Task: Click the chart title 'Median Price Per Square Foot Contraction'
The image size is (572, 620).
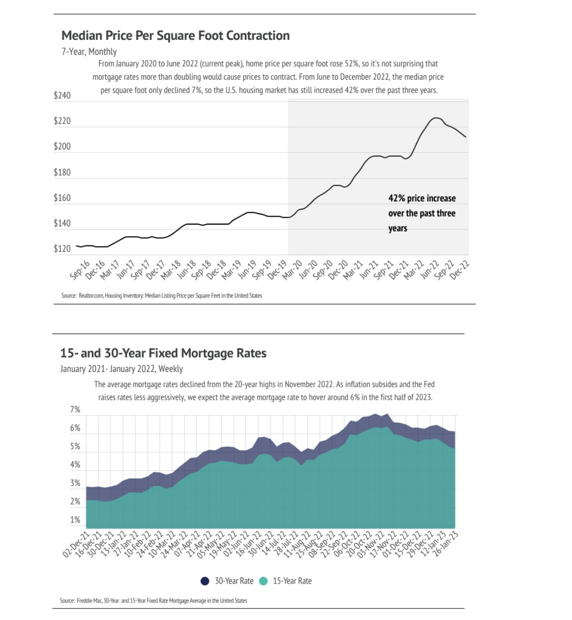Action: point(175,36)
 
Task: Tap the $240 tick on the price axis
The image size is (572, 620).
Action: point(62,95)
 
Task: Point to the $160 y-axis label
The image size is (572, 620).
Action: point(62,198)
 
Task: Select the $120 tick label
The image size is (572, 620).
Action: point(62,249)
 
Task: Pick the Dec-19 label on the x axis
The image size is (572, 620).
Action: point(277,269)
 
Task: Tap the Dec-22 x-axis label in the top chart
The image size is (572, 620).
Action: point(460,269)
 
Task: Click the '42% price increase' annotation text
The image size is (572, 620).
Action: point(422,198)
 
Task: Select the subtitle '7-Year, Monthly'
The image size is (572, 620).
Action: point(89,51)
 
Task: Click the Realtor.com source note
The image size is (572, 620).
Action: point(161,296)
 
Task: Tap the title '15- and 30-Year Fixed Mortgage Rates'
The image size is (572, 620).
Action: point(163,354)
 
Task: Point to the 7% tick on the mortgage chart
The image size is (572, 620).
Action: point(75,410)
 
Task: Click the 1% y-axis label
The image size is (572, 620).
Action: point(75,520)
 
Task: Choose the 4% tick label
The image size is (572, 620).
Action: point(75,465)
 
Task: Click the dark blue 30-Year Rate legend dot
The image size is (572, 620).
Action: point(205,581)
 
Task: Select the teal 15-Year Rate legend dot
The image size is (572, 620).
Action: point(264,581)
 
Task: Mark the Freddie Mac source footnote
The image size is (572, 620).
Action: point(153,601)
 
